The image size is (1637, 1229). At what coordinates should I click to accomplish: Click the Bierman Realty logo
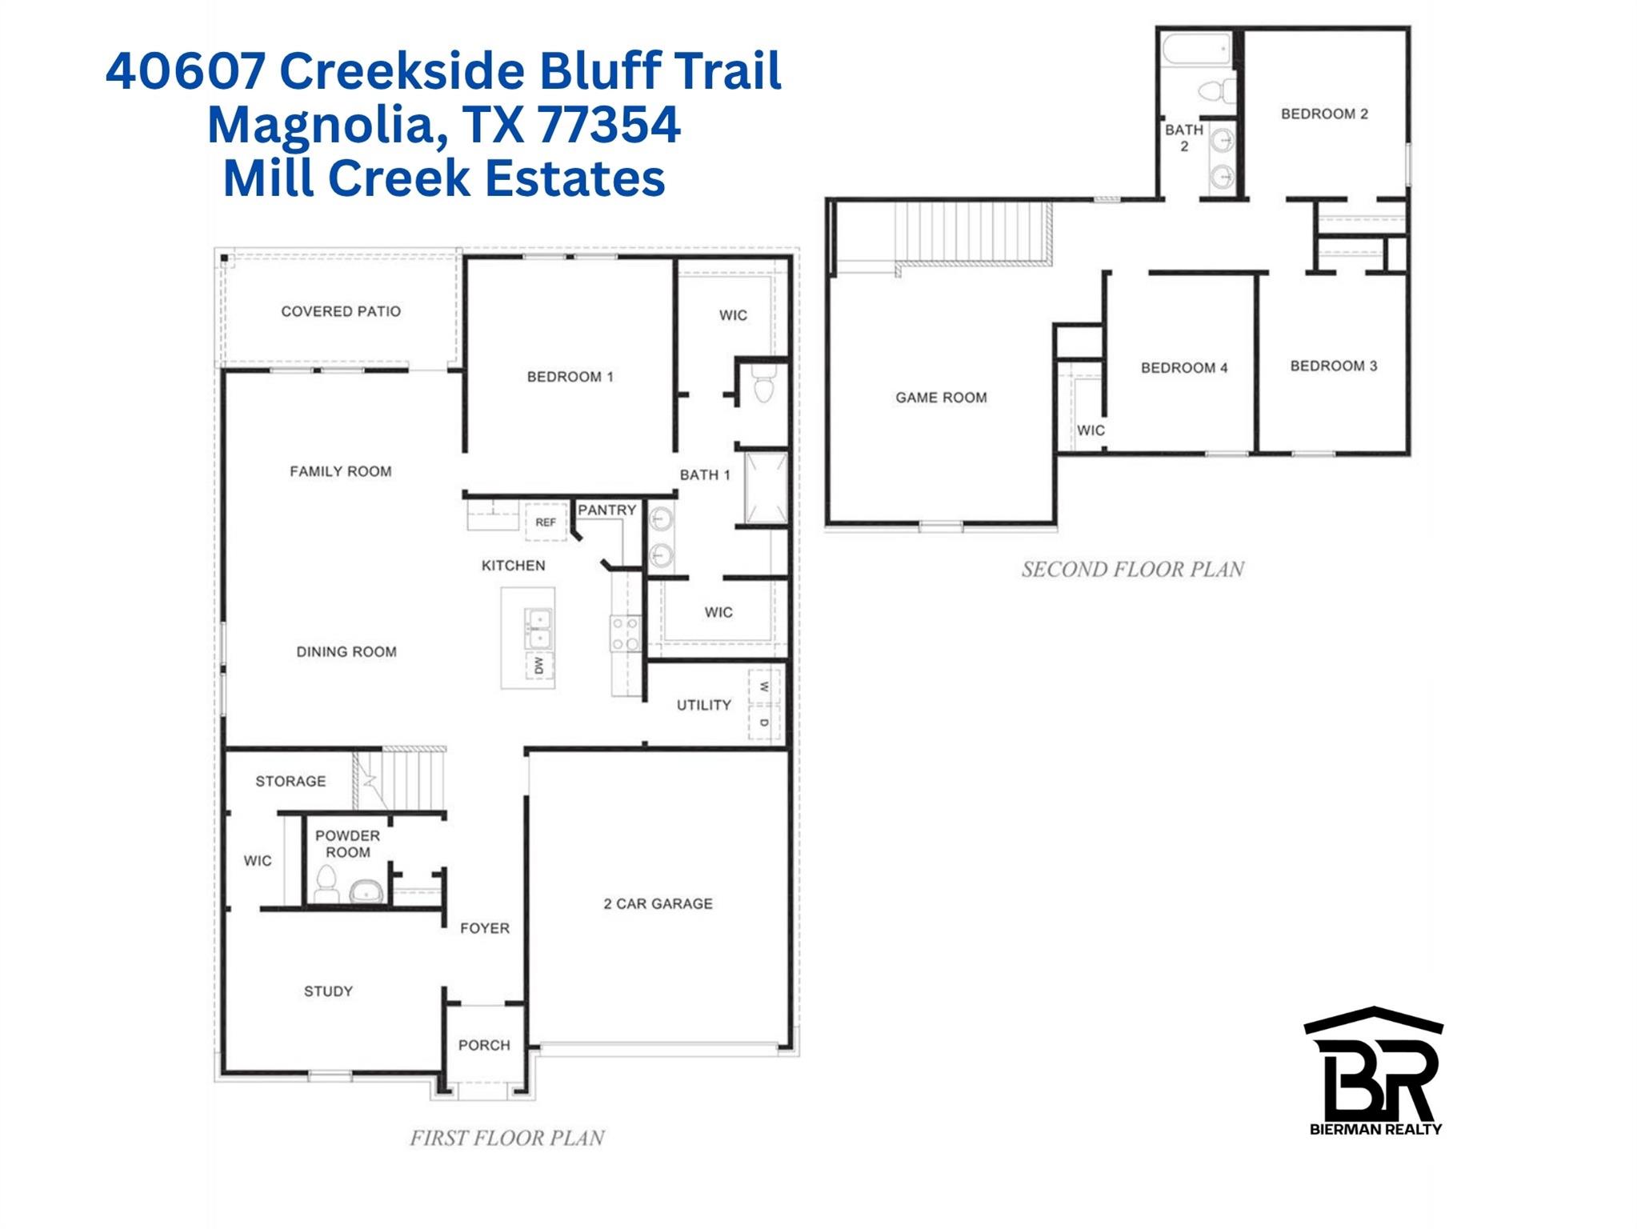[1375, 1072]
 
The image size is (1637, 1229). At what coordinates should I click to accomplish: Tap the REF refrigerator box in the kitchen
[546, 522]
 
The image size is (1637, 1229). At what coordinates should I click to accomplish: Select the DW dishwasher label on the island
[538, 665]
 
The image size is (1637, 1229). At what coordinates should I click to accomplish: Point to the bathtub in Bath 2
[1195, 50]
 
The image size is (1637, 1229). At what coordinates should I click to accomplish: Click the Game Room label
[941, 398]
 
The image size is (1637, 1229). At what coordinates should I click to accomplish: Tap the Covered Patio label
[341, 311]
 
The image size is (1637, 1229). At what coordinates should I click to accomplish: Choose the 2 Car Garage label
[658, 903]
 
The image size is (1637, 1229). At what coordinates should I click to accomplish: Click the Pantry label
[607, 510]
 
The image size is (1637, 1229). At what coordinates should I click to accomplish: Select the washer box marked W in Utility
[764, 687]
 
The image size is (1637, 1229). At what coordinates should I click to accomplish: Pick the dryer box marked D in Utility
[764, 723]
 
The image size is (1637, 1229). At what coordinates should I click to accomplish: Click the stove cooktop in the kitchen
[625, 633]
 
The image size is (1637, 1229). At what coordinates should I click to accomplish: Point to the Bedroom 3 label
[1333, 366]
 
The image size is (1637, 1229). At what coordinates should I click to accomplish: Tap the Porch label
[484, 1045]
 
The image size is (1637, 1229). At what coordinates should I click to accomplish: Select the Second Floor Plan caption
[1132, 570]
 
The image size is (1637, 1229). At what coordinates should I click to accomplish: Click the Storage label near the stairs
[290, 781]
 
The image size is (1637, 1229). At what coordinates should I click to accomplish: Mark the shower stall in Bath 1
[766, 488]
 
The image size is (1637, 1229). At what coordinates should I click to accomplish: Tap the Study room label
[328, 991]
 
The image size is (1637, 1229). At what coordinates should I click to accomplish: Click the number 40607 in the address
[186, 70]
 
